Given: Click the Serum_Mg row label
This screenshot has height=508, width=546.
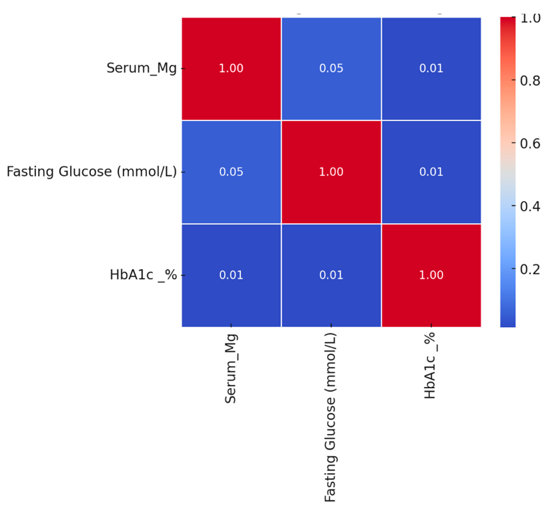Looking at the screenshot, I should coord(141,68).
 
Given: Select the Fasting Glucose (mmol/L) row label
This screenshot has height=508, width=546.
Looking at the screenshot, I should coord(91,172).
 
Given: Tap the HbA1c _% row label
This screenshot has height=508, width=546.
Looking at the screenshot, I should coord(143,275).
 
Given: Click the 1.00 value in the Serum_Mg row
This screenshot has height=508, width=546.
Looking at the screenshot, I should coord(231,68).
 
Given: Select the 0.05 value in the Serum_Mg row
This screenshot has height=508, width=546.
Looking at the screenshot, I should coord(331,68).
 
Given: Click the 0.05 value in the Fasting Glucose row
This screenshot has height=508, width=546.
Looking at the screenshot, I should coord(231,172).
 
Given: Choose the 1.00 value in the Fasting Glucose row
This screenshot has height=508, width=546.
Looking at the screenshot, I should coord(331,172).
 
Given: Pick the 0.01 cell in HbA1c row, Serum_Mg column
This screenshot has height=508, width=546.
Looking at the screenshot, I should coord(231,275).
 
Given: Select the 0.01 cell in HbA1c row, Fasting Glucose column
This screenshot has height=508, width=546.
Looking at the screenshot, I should coord(331,275).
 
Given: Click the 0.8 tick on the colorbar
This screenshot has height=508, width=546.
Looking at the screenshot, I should coord(530,81).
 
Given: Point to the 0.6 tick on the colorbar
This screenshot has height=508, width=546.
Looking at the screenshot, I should coord(530,143).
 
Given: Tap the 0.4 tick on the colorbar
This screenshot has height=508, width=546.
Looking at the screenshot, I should coord(530,206).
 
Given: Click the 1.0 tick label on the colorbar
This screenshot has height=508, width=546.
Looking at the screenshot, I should coord(530,19).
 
